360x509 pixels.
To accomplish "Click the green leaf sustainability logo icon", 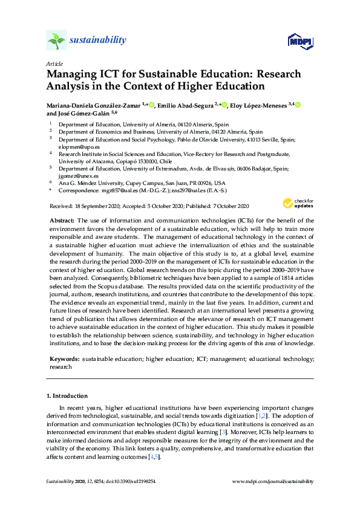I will tap(56, 41).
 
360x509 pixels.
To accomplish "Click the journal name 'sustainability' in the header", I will tap(98, 41).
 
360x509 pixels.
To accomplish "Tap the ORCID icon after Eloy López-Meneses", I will tap(298, 105).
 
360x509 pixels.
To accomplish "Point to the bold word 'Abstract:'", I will tap(62, 221).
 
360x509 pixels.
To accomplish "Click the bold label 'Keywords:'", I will tap(64, 359).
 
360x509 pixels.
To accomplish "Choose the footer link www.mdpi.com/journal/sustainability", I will tap(273, 481).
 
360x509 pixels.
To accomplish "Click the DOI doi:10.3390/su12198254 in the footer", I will tap(125, 481).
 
